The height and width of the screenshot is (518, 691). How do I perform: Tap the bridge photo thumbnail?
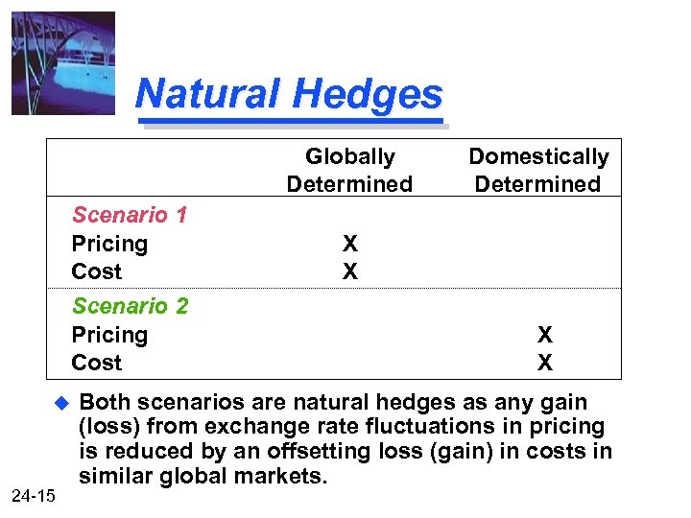point(63,63)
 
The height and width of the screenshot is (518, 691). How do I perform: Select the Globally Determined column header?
point(349,170)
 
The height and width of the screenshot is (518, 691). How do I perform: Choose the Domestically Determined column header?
point(538,170)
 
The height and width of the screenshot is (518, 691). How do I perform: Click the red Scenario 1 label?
point(130,215)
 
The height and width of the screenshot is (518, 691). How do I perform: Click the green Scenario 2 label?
point(130,306)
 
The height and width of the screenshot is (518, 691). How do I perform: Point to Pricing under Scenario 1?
point(109,244)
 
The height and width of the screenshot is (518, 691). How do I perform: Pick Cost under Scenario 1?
point(97,271)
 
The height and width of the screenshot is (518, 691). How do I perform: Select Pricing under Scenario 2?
point(109,335)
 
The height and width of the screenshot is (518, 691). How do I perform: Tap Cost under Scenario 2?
point(97,363)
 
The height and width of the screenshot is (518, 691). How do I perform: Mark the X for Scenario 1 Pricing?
point(350,244)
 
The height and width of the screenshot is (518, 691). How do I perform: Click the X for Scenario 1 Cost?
point(350,271)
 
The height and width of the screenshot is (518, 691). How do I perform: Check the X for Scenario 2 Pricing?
point(545,335)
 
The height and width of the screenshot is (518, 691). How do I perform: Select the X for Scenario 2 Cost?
point(545,363)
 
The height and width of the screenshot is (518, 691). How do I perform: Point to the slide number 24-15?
point(36,496)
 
